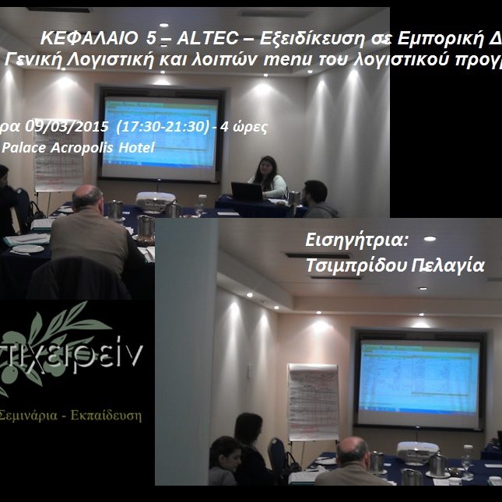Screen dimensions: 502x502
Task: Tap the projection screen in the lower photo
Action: click(x=418, y=378)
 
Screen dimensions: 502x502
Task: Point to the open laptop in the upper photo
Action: click(x=247, y=191)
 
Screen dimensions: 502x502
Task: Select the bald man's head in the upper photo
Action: click(x=87, y=199)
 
